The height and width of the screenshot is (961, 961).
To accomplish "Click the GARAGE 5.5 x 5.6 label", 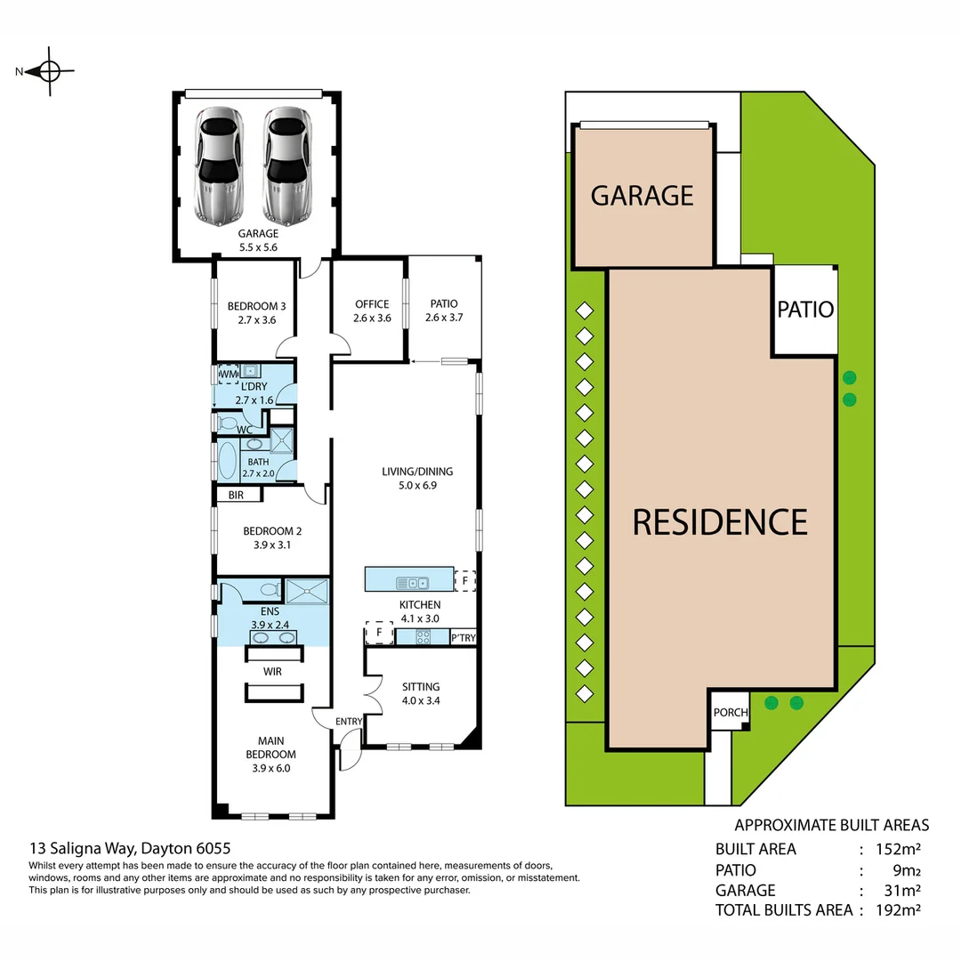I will point(257,240).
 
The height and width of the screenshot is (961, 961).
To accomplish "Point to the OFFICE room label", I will point(372,311).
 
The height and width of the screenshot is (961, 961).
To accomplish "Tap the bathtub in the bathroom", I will point(228,463).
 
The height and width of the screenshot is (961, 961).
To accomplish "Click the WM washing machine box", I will point(230,374).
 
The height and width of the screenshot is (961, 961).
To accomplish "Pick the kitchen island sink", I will point(413,583).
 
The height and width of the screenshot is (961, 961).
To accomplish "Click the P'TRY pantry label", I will point(463,637).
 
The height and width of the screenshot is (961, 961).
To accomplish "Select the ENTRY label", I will point(348,722).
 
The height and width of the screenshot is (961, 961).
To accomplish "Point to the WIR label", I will point(272,672).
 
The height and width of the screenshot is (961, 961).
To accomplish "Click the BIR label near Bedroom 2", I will point(237,495).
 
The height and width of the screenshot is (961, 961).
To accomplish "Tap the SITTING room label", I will point(421,693).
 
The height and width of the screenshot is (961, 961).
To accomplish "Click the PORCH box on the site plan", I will point(731,712).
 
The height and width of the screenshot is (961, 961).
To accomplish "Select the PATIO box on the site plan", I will point(805,310).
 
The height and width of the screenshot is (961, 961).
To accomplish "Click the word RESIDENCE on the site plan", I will point(720,521).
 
